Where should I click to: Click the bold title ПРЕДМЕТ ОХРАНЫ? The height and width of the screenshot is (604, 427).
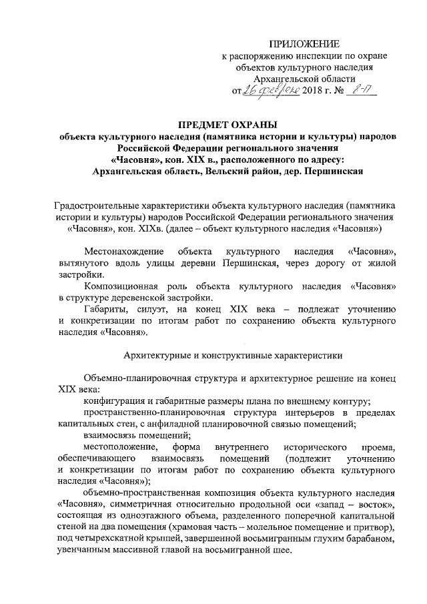tap(221, 124)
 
